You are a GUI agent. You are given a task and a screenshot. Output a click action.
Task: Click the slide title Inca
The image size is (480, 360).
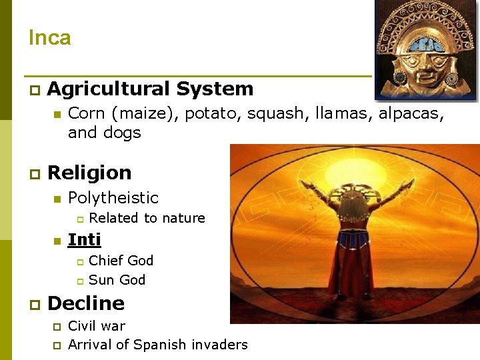click(x=49, y=38)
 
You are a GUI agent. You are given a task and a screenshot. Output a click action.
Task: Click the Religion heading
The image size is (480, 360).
click(x=89, y=173)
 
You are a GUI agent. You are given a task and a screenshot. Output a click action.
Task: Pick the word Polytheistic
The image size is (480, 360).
click(x=113, y=198)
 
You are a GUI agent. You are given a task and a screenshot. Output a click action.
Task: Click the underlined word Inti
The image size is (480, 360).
click(x=84, y=239)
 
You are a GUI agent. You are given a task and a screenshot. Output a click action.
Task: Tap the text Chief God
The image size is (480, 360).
click(x=121, y=260)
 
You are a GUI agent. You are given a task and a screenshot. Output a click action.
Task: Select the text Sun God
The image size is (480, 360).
click(x=117, y=280)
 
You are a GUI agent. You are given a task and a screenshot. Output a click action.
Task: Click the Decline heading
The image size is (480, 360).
click(x=86, y=303)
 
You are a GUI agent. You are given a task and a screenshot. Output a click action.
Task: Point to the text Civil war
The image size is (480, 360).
click(x=97, y=326)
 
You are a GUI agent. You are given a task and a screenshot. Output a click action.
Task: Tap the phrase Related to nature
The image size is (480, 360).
click(x=147, y=218)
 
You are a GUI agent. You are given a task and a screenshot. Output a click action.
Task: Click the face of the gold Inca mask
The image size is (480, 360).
click(x=419, y=67)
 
